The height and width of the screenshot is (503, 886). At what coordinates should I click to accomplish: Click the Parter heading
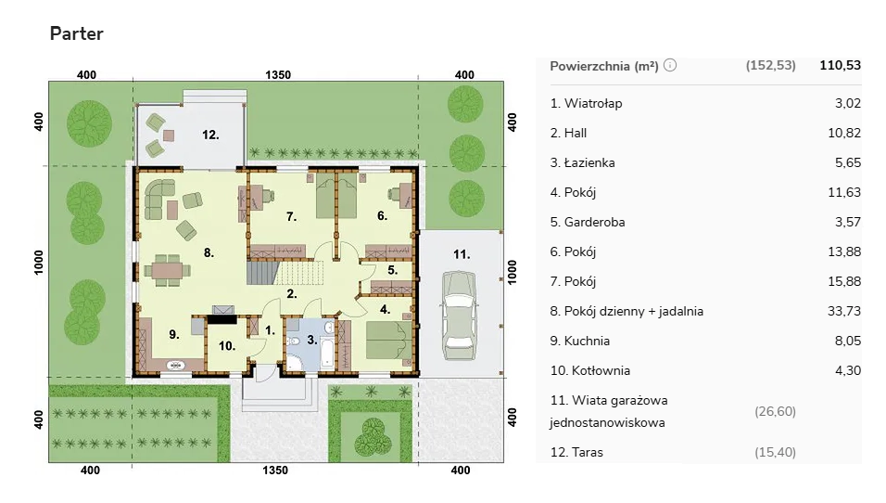76,33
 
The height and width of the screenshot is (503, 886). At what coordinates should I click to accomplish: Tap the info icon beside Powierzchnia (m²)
669,65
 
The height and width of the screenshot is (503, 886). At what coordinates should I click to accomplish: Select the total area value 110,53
841,65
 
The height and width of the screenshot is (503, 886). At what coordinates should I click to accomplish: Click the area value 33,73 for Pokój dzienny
844,311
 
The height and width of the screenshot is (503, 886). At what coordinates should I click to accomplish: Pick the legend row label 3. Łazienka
583,162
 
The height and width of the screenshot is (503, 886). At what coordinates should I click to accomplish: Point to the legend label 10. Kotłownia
590,370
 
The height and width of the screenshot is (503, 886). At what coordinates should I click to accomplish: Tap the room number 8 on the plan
209,253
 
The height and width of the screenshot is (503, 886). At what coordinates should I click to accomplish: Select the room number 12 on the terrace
210,135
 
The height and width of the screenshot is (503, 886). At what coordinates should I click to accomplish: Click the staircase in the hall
280,272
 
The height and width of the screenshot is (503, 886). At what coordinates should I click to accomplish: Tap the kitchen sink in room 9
176,366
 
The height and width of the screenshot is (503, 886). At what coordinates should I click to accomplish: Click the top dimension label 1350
277,74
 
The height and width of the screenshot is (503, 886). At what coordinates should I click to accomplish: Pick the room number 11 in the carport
462,254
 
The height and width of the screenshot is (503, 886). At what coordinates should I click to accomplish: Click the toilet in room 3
293,342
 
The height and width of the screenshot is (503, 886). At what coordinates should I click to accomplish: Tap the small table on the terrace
169,135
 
